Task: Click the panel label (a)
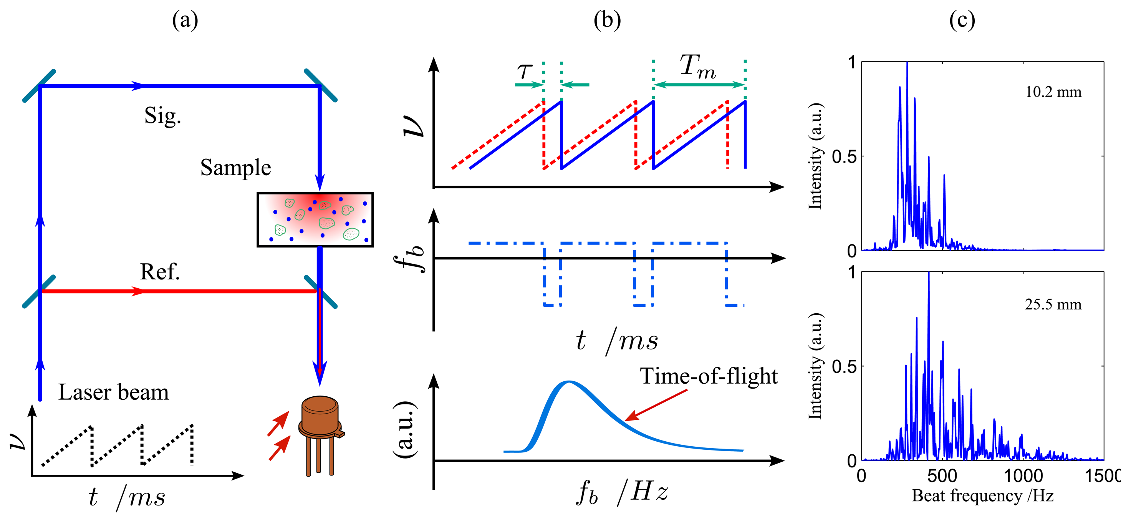pyautogui.click(x=185, y=20)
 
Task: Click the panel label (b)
pyautogui.click(x=607, y=20)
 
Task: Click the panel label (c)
pyautogui.click(x=962, y=20)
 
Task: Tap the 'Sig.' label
pyautogui.click(x=162, y=116)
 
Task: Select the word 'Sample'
pyautogui.click(x=236, y=168)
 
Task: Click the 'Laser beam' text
pyautogui.click(x=113, y=392)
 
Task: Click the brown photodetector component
pyautogui.click(x=320, y=422)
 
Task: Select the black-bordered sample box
pyautogui.click(x=315, y=219)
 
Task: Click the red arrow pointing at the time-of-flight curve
pyautogui.click(x=656, y=405)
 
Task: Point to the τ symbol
pyautogui.click(x=524, y=70)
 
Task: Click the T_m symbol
pyautogui.click(x=697, y=67)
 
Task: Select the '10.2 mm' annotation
pyautogui.click(x=1053, y=92)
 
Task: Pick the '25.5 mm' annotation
pyautogui.click(x=1053, y=304)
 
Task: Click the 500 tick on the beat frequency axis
pyautogui.click(x=942, y=476)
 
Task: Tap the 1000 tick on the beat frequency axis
pyautogui.click(x=1023, y=476)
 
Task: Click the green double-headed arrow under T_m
pyautogui.click(x=699, y=85)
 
